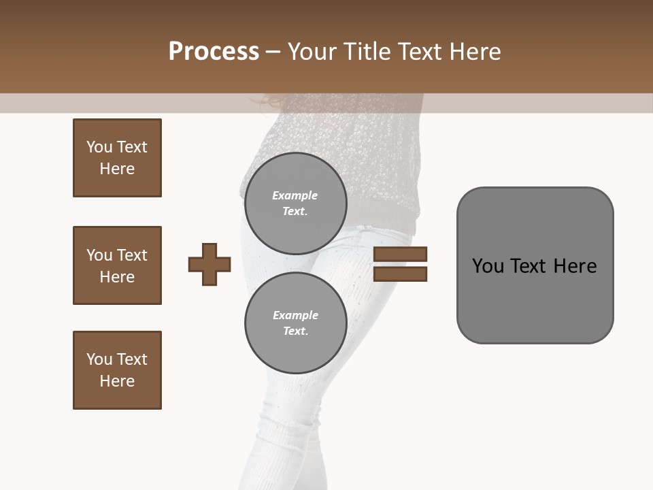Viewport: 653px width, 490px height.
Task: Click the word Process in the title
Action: pos(214,52)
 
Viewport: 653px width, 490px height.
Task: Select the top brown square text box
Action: pos(117,158)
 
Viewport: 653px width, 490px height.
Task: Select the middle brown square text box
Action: pos(117,265)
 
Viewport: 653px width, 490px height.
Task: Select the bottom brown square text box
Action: pos(117,370)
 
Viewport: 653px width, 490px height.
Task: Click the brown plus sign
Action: pos(210,264)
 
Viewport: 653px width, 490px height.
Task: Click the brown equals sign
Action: pos(400,264)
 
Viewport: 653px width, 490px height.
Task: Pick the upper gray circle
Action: pos(295,203)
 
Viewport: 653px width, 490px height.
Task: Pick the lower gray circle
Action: pos(295,323)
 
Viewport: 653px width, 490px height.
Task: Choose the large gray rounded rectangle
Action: pos(535,265)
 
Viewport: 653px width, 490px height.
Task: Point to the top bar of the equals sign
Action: pos(400,255)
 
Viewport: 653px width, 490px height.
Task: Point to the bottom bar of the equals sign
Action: pos(400,274)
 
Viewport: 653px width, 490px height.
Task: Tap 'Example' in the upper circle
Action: pos(295,196)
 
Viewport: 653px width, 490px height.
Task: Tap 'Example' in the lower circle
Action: pos(295,316)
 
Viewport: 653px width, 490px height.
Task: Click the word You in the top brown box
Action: pos(99,147)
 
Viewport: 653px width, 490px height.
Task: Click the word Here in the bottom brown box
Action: pos(117,381)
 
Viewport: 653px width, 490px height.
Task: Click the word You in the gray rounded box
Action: pos(488,266)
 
